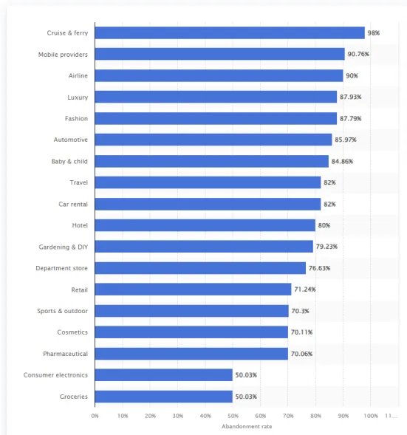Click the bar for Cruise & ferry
tap(230, 33)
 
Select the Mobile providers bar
tap(219, 55)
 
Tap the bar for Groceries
tap(164, 397)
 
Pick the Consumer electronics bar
tap(164, 375)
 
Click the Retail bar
tap(193, 290)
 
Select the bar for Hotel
tap(205, 225)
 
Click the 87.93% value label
tap(350, 97)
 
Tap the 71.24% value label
tap(305, 290)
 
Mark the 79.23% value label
tap(326, 247)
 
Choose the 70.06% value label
tap(301, 354)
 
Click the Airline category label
tap(78, 76)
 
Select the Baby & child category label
tap(69, 161)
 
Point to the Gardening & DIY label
tap(64, 247)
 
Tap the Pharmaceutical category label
tap(65, 354)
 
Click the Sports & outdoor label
tap(63, 311)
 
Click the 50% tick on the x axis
tap(233, 416)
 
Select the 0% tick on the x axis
tap(95, 416)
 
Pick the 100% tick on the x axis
tap(371, 416)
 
